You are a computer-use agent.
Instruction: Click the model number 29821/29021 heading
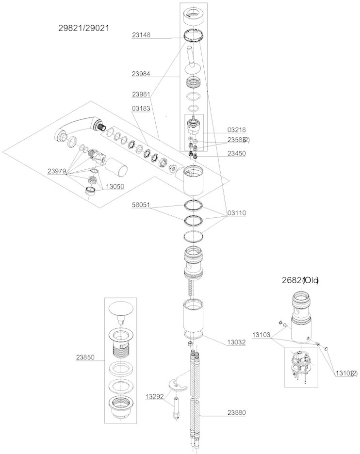tap(83, 28)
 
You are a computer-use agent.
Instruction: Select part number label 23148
tap(142, 35)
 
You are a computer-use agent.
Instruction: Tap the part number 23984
tap(142, 74)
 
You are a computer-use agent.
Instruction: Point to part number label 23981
tap(142, 94)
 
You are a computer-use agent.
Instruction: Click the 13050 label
tap(112, 187)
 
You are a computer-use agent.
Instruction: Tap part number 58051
tap(142, 206)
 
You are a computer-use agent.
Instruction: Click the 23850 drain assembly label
tap(86, 357)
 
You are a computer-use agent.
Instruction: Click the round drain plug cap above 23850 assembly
tap(121, 309)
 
